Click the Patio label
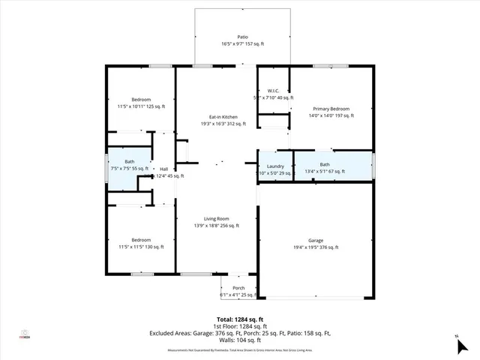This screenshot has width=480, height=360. click(x=242, y=36)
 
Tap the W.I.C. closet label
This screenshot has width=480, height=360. click(x=273, y=90)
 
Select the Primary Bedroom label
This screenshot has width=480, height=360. click(x=329, y=109)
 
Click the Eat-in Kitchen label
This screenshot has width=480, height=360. click(x=223, y=117)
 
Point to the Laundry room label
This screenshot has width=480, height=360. click(x=274, y=165)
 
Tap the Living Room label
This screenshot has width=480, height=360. click(x=216, y=218)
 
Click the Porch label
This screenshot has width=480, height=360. click(x=238, y=288)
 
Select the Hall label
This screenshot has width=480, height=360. click(x=163, y=169)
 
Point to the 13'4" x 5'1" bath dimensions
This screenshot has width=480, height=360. click(x=324, y=172)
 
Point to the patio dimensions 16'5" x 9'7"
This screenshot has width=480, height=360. click(x=242, y=43)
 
